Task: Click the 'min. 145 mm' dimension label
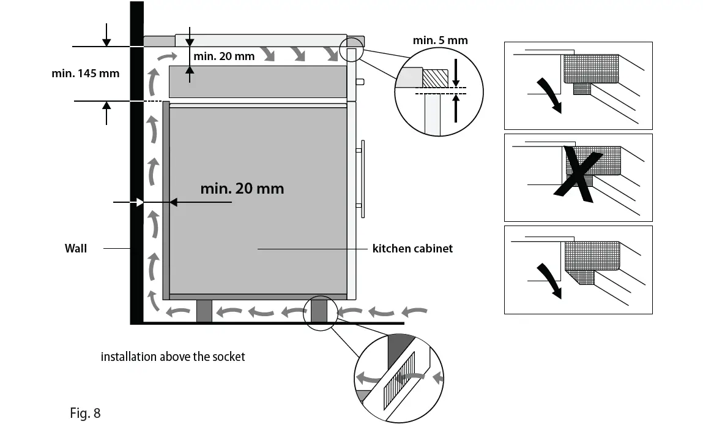[86, 74]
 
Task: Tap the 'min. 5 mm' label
[440, 40]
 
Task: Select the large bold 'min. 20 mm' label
[242, 188]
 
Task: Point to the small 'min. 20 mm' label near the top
[223, 56]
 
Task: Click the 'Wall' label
[76, 248]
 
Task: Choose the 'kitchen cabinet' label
[412, 248]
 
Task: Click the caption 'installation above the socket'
[173, 357]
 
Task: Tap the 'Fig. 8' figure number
[85, 413]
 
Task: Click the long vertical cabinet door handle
[362, 178]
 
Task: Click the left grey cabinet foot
[204, 311]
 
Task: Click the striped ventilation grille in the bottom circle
[398, 380]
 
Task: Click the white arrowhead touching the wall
[140, 202]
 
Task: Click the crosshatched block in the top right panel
[590, 69]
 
